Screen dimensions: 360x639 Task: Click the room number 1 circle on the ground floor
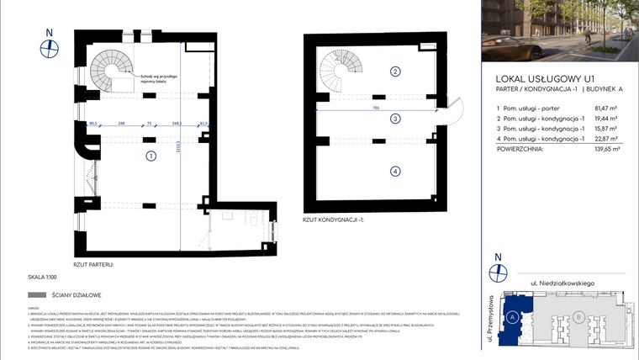(x=150, y=156)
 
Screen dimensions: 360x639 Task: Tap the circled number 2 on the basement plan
(x=394, y=71)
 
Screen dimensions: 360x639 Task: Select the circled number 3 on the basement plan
(x=394, y=119)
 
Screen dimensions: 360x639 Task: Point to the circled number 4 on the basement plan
(x=394, y=172)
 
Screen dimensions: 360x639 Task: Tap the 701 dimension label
(x=378, y=109)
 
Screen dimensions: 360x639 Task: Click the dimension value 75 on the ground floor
(x=149, y=124)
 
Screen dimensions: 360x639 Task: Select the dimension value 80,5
(x=94, y=124)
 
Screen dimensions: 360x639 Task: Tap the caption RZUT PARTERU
(x=92, y=264)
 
